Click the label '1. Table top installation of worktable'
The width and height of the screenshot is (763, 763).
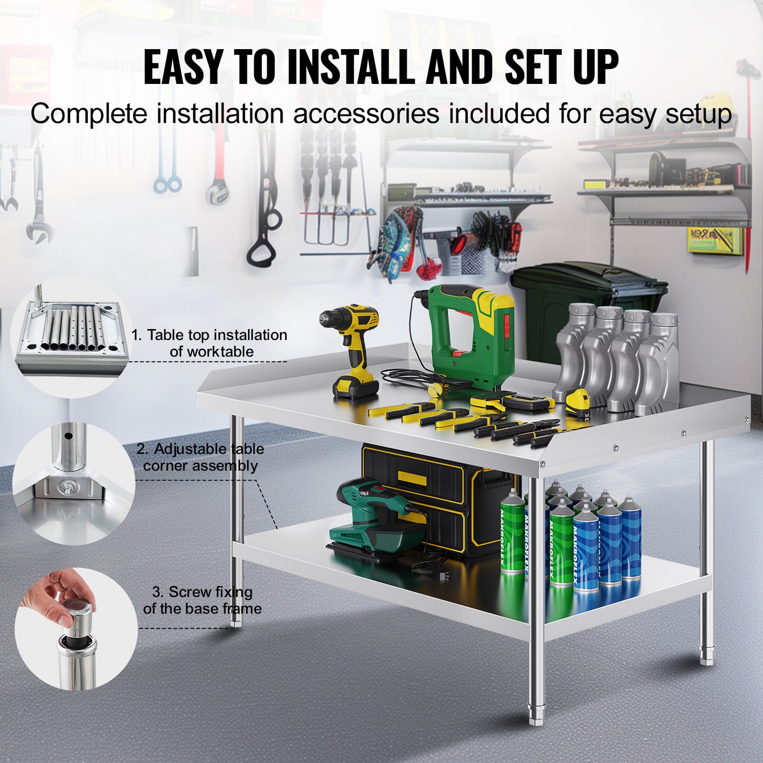(x=210, y=343)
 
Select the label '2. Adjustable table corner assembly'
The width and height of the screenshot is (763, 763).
(x=200, y=457)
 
